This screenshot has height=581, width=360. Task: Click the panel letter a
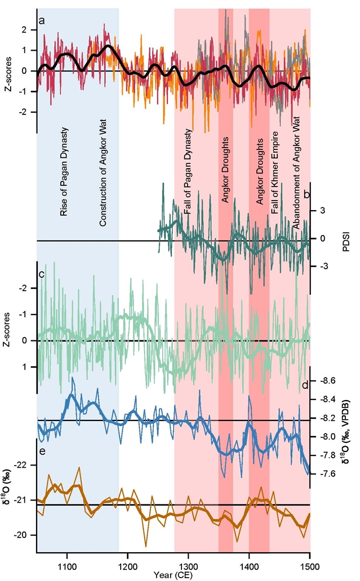click(42, 22)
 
